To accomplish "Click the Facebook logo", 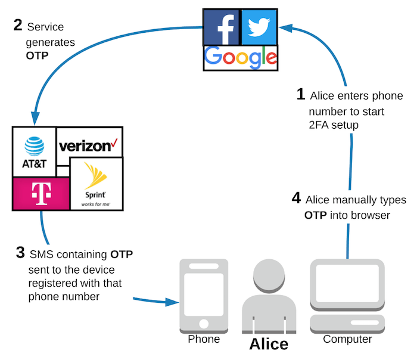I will (x=221, y=27).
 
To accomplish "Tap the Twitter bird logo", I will (x=259, y=27).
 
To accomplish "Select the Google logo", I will (x=240, y=58).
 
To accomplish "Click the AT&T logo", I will (x=33, y=151).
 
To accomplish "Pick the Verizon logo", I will (x=89, y=145).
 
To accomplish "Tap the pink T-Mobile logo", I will (x=40, y=193).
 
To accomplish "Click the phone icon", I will (x=204, y=295).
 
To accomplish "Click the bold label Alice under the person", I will (x=268, y=344).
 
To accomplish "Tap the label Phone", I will (x=204, y=339).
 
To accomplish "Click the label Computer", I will (x=347, y=339).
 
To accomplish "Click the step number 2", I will (x=18, y=26).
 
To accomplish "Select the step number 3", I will (x=20, y=253).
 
